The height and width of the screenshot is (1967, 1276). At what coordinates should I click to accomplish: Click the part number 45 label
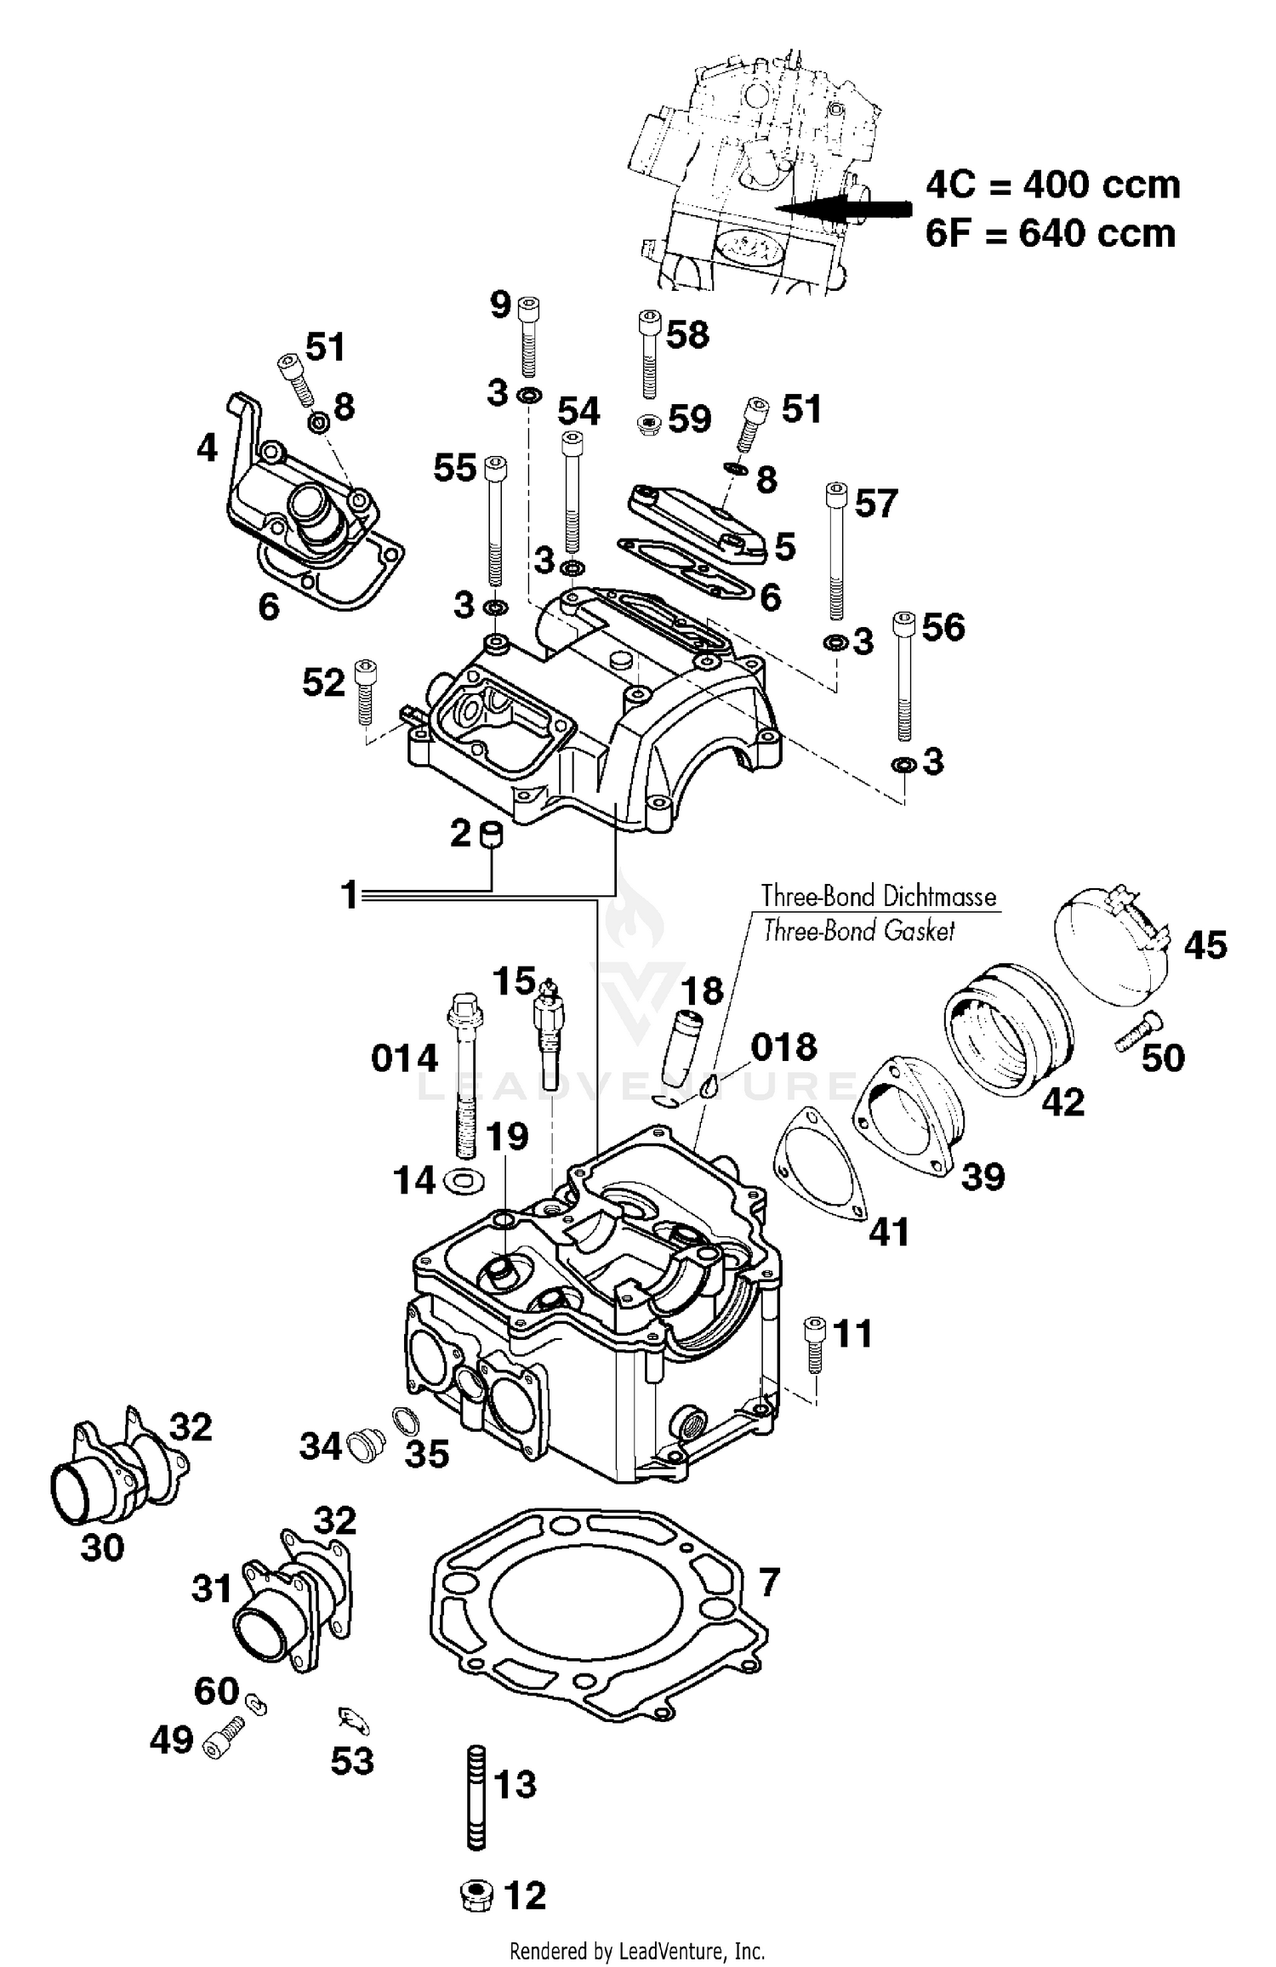[1205, 945]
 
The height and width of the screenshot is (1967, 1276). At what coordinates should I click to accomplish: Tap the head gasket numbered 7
[595, 1621]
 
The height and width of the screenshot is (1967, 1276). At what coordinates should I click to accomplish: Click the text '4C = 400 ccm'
[1052, 185]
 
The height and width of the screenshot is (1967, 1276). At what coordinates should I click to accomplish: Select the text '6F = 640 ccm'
[1051, 232]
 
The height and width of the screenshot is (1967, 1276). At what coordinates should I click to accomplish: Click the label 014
[404, 1059]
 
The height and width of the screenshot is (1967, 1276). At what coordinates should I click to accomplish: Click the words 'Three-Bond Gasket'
[859, 931]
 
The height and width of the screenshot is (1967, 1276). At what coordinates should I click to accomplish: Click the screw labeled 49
[224, 1740]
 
